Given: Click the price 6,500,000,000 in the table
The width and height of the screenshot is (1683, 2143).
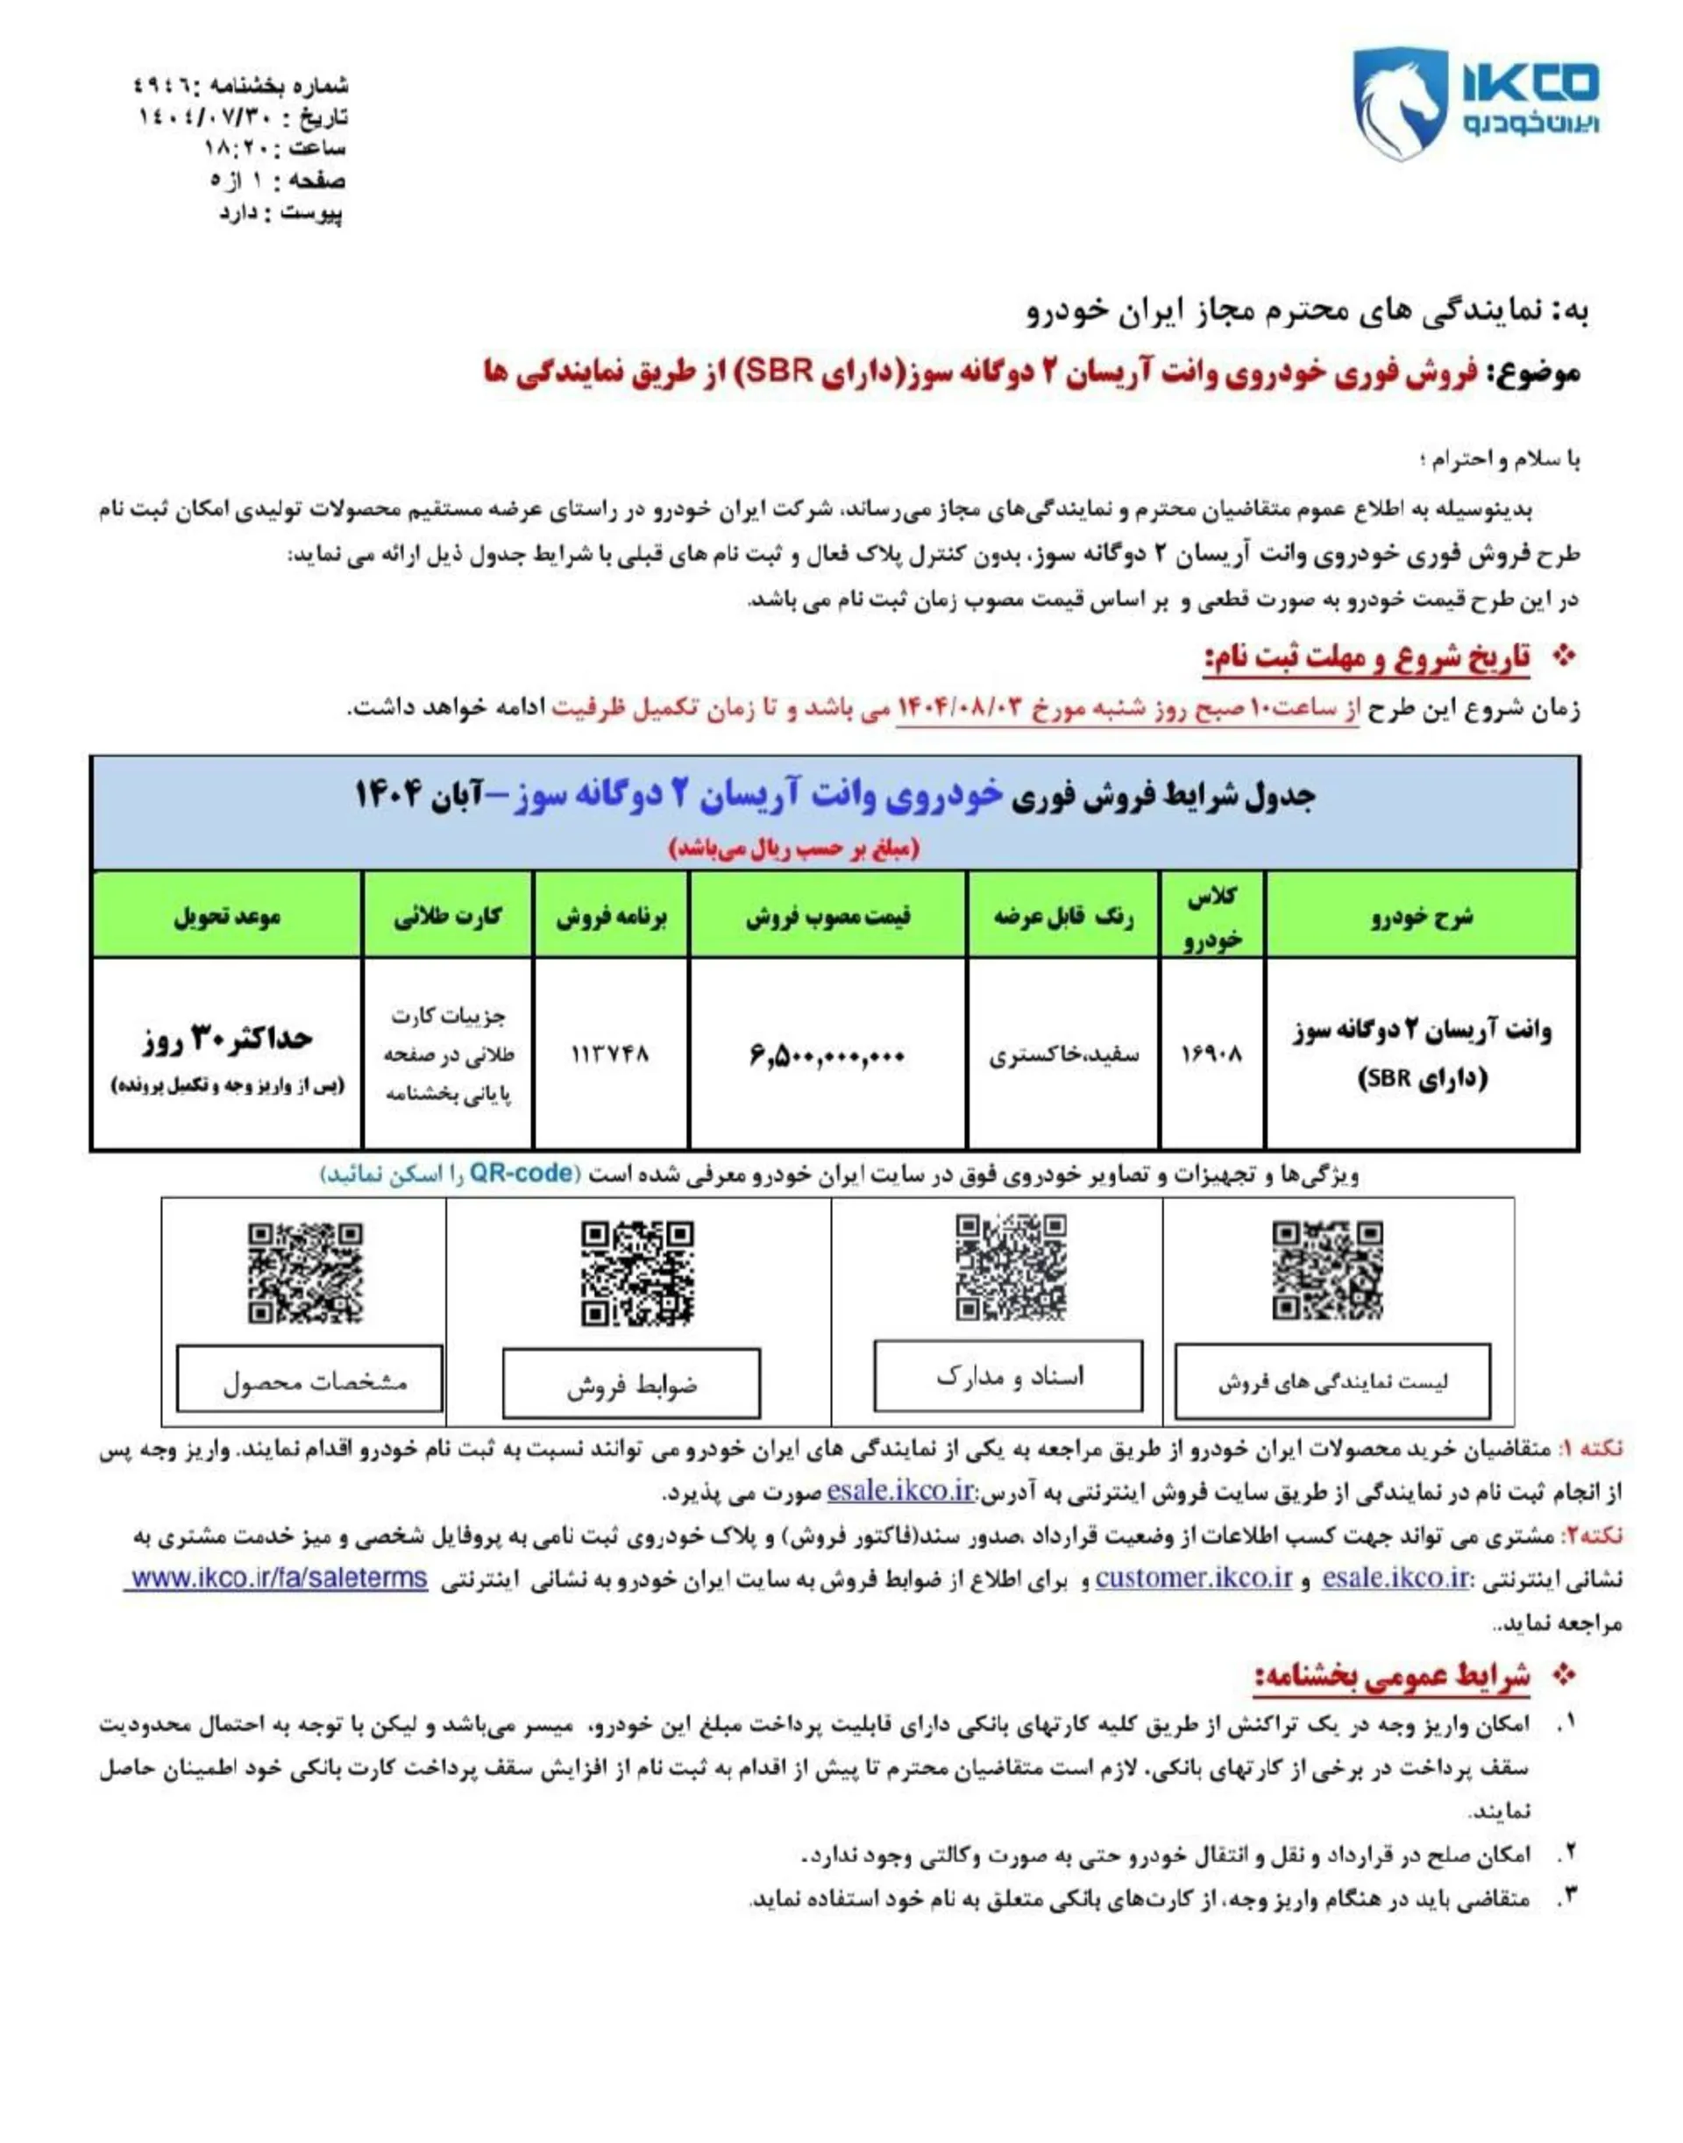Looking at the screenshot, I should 827,1055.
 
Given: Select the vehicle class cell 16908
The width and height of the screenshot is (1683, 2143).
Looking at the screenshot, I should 1211,1055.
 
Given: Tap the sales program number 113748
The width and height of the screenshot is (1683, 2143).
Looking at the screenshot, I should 611,1054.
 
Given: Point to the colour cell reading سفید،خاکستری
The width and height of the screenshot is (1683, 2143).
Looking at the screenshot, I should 1063,1055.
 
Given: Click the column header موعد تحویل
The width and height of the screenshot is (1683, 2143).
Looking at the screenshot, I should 227,916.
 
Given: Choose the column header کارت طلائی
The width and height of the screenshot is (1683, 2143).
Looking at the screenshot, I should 447,916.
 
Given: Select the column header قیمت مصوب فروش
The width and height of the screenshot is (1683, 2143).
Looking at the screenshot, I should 827,916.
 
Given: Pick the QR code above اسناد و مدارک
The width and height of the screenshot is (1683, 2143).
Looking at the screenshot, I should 1011,1267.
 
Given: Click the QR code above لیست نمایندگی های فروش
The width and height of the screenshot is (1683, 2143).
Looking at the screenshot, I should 1327,1270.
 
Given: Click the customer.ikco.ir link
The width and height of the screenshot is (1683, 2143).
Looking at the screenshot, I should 1193,1578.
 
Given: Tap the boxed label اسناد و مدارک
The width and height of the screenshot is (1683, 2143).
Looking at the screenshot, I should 1008,1376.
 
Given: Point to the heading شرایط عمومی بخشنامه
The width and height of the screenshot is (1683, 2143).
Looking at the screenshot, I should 1391,1676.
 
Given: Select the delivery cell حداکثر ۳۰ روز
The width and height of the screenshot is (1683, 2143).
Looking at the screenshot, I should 227,1038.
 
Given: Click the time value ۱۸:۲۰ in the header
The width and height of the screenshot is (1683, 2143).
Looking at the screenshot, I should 231,149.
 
